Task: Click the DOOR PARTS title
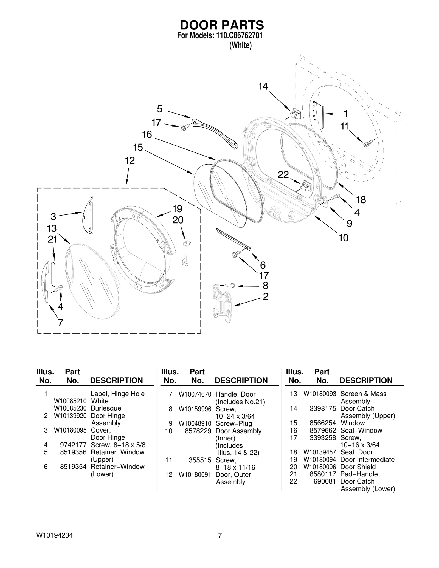[222, 25]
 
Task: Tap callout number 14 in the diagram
[263, 86]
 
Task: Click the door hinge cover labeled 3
[88, 215]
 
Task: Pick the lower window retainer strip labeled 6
[233, 239]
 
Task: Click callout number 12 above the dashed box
[130, 160]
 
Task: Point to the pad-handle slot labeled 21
[53, 274]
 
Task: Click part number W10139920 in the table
[70, 416]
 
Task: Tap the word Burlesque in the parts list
[106, 408]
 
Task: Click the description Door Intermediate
[367, 460]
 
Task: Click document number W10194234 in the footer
[54, 535]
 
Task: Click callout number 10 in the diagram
[343, 238]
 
